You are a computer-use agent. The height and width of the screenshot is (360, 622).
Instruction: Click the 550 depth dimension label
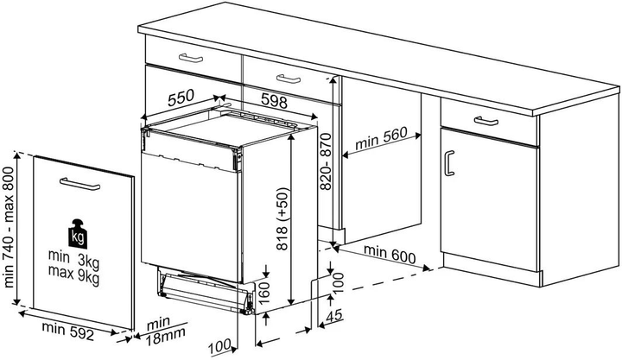pos(181,98)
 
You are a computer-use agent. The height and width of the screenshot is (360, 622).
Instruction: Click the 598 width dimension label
pos(274,102)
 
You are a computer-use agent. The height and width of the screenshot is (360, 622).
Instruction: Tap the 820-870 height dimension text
pos(326,161)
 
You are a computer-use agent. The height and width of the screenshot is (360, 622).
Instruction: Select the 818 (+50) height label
pos(282,219)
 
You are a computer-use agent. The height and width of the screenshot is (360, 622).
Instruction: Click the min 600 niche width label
pos(390,255)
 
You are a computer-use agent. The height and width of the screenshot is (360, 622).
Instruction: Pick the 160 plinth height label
pos(263,293)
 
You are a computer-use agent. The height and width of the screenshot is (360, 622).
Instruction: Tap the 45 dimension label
pos(334,316)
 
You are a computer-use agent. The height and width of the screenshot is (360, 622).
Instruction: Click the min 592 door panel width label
pos(68,332)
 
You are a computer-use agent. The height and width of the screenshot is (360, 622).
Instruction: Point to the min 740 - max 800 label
pos(8,227)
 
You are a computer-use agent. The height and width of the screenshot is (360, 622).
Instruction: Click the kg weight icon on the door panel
pos(78,234)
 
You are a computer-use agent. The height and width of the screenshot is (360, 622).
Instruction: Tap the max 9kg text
pos(73,275)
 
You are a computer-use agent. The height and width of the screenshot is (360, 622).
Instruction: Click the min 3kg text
pos(73,258)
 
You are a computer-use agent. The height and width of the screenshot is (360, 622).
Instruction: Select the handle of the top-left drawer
pos(191,59)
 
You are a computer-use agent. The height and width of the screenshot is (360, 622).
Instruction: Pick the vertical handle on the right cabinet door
pos(448,162)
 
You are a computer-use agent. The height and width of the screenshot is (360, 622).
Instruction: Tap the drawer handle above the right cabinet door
pos(486,121)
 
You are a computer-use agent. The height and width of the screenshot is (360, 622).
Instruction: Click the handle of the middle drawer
pos(289,79)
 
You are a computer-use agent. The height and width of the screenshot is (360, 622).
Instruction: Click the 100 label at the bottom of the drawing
pos(219,346)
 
